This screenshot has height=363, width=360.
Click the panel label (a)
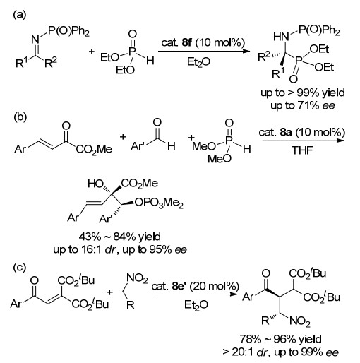pos(19,15)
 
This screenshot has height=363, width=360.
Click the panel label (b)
pos(20,117)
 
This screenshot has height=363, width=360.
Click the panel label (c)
pos(20,268)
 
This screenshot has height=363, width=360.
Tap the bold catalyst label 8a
pos(286,132)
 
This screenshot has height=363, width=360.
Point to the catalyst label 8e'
pos(179,286)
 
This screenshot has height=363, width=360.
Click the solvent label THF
pos(302,150)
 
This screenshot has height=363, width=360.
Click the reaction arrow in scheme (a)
pos(204,51)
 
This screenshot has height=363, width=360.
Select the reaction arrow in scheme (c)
pos(196,294)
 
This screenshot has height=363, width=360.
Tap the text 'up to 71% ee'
pos(303,105)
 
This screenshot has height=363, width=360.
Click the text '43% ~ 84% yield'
pos(119,237)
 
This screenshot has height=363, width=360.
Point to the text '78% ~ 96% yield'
pos(280,339)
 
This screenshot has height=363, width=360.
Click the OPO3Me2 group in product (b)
pos(159,203)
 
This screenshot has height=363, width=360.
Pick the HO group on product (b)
pos(95,184)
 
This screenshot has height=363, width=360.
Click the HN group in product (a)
pos(281,37)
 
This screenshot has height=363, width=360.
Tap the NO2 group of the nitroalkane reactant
pos(137,278)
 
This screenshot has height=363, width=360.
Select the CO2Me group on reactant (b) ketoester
pos(94,150)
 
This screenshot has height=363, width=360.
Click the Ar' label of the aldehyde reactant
pos(138,146)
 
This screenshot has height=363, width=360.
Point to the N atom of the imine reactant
pos(35,40)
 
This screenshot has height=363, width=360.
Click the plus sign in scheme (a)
pos(92,52)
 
